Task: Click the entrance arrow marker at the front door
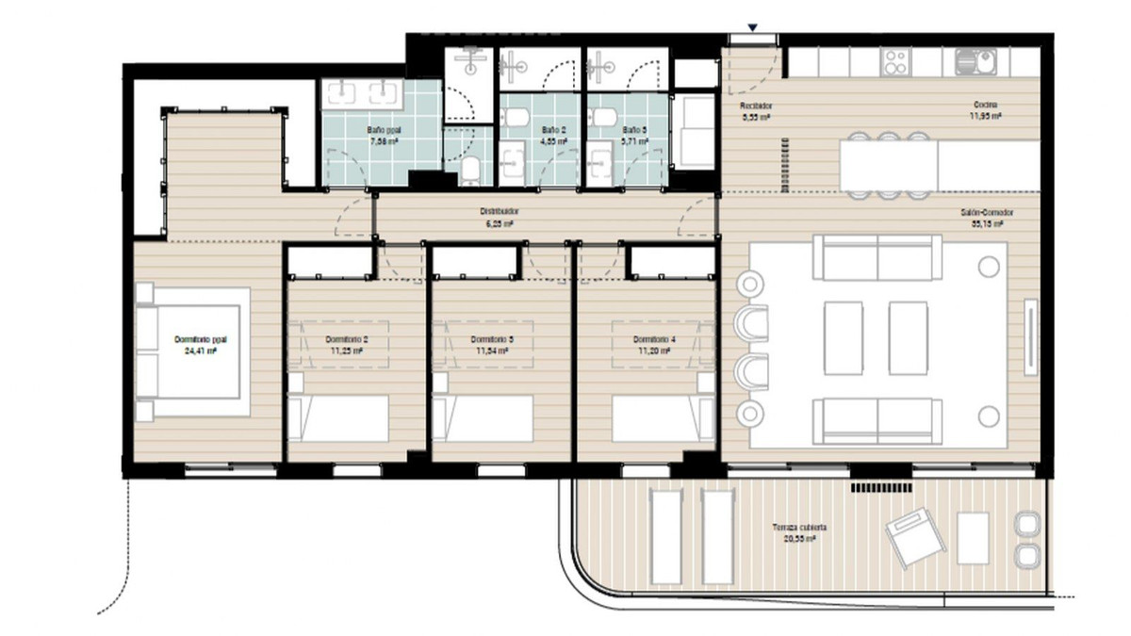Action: tap(751, 27)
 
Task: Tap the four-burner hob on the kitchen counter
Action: tap(894, 62)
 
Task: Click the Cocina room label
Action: tap(986, 106)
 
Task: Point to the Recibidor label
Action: tap(755, 106)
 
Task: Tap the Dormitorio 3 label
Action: tap(490, 339)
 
